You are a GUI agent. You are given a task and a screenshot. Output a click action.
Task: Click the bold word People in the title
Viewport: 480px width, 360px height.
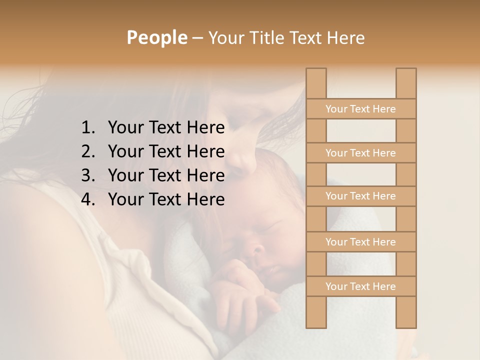[156, 37]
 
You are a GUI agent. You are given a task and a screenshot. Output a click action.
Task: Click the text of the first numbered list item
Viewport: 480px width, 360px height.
[166, 128]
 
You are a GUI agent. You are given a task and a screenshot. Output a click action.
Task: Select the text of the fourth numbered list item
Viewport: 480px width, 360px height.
[166, 199]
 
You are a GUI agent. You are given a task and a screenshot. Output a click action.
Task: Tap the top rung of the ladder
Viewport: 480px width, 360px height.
[360, 109]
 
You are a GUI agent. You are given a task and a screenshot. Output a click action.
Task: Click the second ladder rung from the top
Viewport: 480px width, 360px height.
[360, 153]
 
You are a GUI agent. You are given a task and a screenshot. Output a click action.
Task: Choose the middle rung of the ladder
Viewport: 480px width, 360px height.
[360, 196]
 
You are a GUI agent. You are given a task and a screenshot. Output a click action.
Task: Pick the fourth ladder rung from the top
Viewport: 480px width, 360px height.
[360, 242]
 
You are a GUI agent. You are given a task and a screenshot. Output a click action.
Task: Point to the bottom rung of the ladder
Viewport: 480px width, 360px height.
[360, 286]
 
